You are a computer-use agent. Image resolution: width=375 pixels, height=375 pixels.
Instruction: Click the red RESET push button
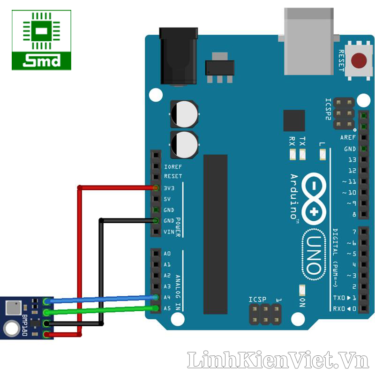(x=359, y=60)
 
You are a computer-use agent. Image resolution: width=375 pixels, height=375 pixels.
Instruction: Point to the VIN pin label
(x=169, y=232)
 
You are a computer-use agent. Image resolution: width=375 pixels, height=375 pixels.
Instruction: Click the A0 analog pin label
(x=167, y=254)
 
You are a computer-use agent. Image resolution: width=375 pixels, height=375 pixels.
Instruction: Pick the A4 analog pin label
(x=167, y=297)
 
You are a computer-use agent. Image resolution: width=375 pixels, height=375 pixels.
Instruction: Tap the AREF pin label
(x=348, y=137)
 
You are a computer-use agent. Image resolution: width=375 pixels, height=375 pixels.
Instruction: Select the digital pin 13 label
(x=352, y=159)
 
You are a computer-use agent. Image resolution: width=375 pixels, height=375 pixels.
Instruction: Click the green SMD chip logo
(x=41, y=40)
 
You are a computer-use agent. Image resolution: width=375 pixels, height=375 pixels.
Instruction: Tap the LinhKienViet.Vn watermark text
(x=278, y=360)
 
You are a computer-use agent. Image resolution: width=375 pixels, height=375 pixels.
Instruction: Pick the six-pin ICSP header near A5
(x=265, y=315)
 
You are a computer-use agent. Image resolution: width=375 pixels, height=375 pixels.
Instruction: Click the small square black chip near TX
(x=294, y=120)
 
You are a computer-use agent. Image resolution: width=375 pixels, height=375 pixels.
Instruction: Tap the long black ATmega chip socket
(x=215, y=234)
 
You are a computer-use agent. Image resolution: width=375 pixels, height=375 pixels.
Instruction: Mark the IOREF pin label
(x=172, y=166)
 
